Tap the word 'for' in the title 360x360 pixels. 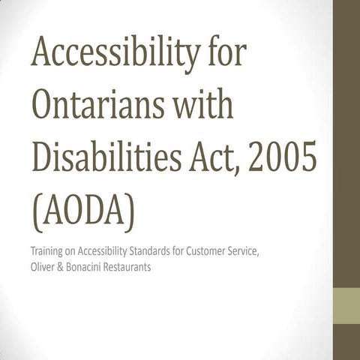(225, 57)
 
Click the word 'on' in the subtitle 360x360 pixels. (72, 250)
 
